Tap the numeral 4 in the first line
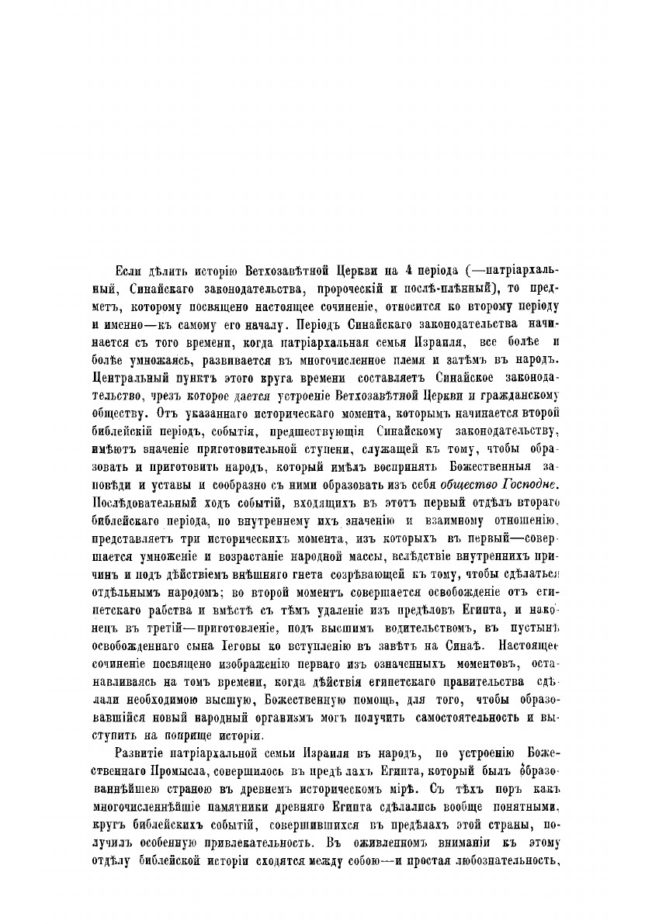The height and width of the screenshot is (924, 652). [x=397, y=270]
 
